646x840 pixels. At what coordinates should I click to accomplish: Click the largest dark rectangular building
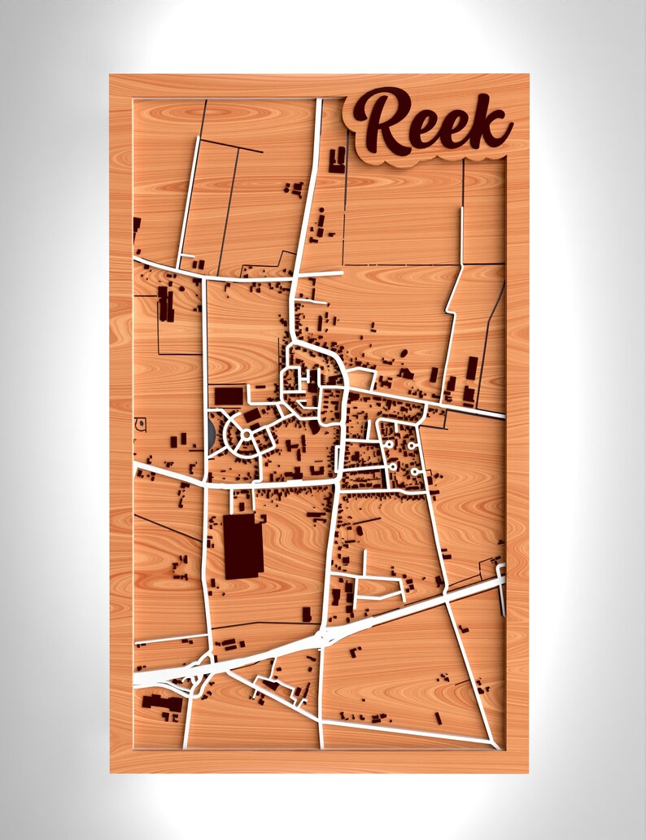[241, 545]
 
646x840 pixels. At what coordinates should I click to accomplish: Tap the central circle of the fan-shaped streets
[246, 434]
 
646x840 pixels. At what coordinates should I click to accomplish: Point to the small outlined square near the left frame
[141, 423]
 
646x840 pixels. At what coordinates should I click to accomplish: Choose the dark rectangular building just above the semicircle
[229, 396]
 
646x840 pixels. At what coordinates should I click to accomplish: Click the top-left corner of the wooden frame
[111, 76]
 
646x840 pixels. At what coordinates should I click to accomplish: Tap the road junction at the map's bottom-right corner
[495, 744]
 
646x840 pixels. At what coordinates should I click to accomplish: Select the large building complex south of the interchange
[160, 702]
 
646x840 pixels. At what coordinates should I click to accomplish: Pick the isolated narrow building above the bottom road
[438, 718]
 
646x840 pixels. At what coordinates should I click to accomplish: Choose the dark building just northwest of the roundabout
[307, 614]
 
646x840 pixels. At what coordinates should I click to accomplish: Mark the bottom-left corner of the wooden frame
[111, 771]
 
